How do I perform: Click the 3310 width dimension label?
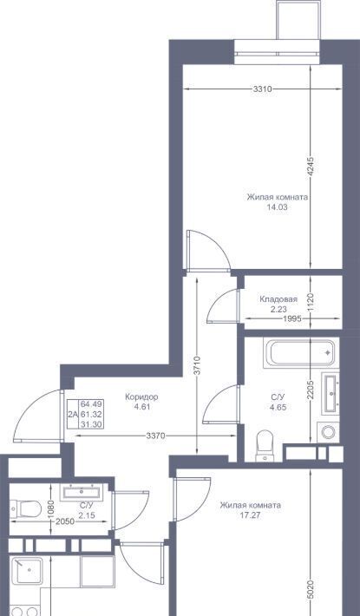[x=262, y=89]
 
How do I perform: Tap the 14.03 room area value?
[x=278, y=207]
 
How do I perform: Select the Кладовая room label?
[x=278, y=299]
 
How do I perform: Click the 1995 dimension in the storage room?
[x=292, y=318]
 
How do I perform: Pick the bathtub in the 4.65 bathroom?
[x=301, y=354]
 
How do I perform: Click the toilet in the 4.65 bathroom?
[x=265, y=445]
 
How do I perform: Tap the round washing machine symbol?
[x=328, y=432]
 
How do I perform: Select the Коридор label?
[x=141, y=396]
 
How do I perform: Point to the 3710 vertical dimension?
[x=197, y=365]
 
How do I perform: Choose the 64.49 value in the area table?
[x=91, y=404]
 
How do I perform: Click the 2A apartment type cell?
[x=73, y=414]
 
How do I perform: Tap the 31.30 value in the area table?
[x=91, y=424]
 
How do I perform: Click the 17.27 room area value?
[x=250, y=515]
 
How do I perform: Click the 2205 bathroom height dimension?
[x=311, y=390]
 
